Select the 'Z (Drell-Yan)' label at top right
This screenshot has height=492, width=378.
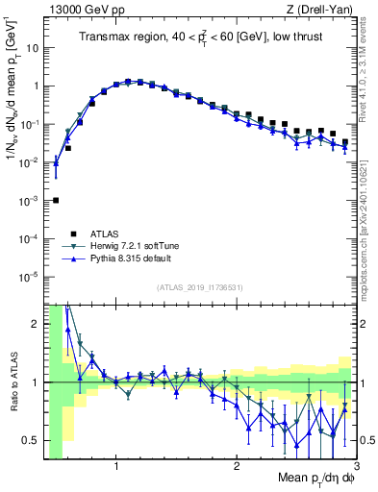323,10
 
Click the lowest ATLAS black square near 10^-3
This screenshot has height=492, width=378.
56,200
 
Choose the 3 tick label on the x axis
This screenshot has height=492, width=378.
356,468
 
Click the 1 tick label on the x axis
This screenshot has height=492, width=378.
116,468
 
